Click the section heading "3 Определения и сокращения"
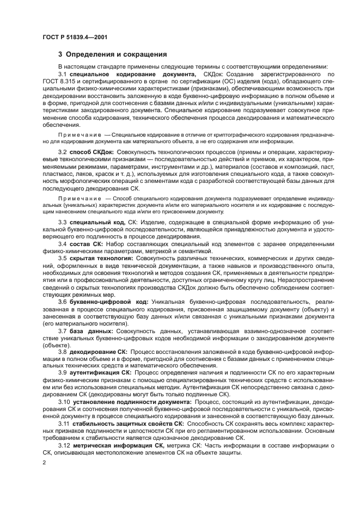108,54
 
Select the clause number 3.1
62,74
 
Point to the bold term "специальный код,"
96,223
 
